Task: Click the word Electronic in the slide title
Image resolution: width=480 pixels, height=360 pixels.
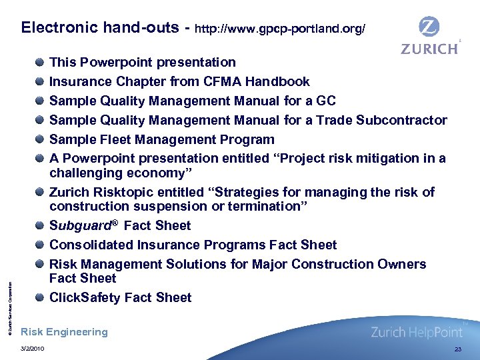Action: coord(58,28)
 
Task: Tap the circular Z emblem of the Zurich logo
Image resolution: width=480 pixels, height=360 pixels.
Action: coord(429,27)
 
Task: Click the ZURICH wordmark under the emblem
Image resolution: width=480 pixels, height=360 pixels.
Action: coord(429,49)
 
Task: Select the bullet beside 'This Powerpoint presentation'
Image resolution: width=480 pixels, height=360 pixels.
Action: coord(41,63)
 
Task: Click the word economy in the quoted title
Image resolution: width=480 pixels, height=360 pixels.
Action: coord(179,173)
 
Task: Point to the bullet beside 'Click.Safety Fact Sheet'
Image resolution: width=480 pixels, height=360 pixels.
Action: coord(41,298)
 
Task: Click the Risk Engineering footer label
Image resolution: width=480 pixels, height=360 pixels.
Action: coord(64,332)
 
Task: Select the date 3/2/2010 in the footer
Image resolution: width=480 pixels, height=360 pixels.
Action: coord(33,349)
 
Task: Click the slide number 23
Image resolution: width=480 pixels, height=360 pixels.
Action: coord(457,349)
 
